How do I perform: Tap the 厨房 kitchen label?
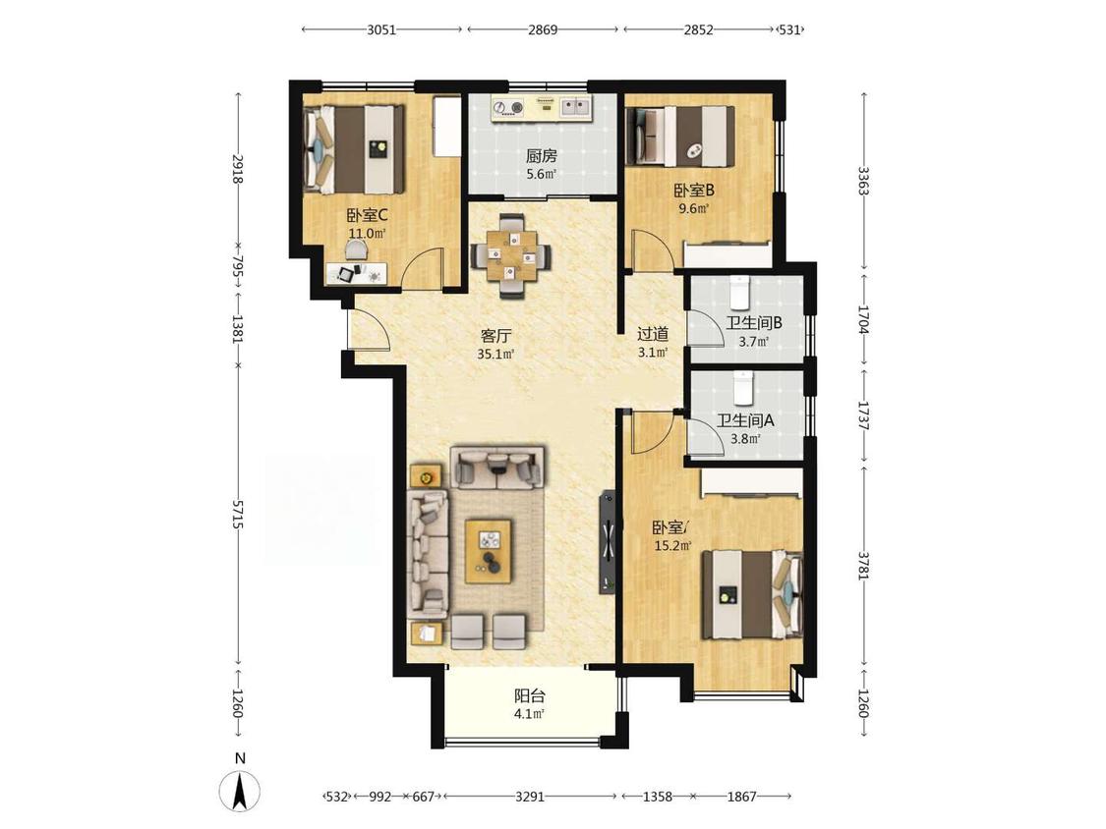click(541, 156)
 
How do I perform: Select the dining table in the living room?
click(510, 256)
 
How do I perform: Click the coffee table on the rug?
click(489, 551)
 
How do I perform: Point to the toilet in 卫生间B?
click(738, 294)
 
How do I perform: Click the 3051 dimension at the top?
click(381, 29)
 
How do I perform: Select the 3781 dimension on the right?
click(863, 565)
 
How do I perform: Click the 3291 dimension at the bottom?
click(530, 797)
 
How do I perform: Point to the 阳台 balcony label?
click(529, 696)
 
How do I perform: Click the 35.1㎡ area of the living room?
click(495, 354)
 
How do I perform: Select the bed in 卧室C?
click(354, 148)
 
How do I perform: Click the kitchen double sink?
click(576, 107)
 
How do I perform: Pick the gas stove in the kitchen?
click(508, 107)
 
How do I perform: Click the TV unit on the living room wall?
click(608, 541)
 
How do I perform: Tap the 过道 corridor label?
click(653, 333)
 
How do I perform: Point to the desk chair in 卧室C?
click(356, 249)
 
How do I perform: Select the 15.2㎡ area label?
click(672, 545)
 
